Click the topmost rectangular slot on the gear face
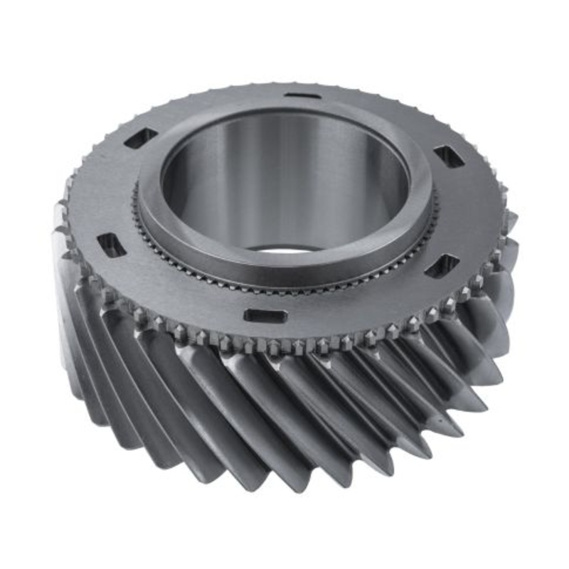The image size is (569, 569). pos(299,97)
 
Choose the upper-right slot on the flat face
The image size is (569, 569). pos(449,156)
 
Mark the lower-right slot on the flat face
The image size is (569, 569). pos(441,265)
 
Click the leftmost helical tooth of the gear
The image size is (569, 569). pos(68,284)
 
